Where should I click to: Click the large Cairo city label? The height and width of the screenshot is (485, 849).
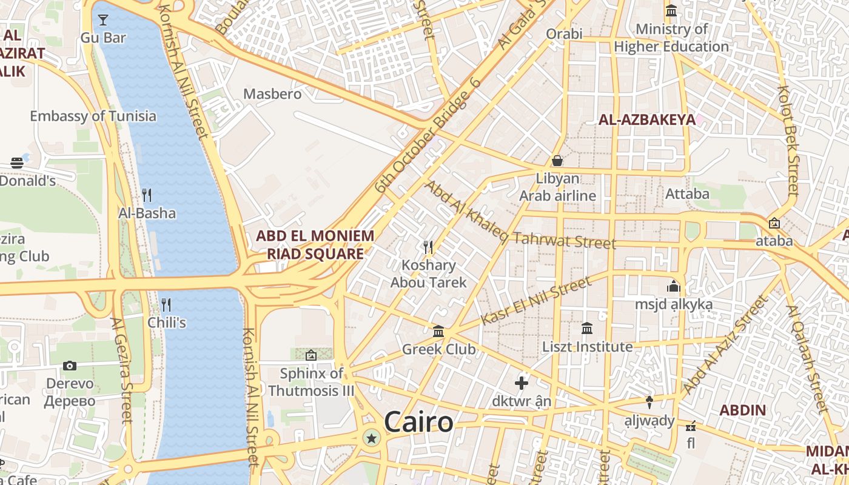tap(418, 422)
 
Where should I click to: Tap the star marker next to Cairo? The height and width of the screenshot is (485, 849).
tap(371, 438)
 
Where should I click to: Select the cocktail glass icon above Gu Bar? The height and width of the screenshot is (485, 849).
tap(103, 19)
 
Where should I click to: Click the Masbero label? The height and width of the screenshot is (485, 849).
tap(272, 94)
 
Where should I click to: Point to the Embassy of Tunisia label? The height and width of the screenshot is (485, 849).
tap(93, 116)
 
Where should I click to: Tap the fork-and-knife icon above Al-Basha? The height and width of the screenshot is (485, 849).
tap(147, 195)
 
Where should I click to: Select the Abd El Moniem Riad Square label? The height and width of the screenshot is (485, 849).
tap(315, 244)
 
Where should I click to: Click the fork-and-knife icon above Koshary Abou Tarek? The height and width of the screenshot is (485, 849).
tap(428, 247)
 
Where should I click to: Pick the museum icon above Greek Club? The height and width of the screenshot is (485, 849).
tap(438, 332)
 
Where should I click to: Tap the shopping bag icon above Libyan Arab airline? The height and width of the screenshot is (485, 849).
tap(557, 161)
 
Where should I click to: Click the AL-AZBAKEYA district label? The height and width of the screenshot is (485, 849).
tap(646, 119)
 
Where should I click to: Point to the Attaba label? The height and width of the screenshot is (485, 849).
tap(687, 194)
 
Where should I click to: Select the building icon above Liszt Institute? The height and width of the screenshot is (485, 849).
tap(587, 329)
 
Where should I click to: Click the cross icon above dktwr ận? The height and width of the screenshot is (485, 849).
tap(521, 383)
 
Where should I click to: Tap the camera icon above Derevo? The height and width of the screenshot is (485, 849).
tap(70, 366)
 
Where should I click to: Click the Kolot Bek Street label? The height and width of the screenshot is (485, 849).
tap(788, 139)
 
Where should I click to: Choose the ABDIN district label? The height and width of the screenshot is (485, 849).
tap(742, 410)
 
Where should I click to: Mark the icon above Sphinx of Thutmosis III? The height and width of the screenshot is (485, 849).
tap(311, 355)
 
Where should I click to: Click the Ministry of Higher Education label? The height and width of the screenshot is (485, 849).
tap(671, 38)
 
